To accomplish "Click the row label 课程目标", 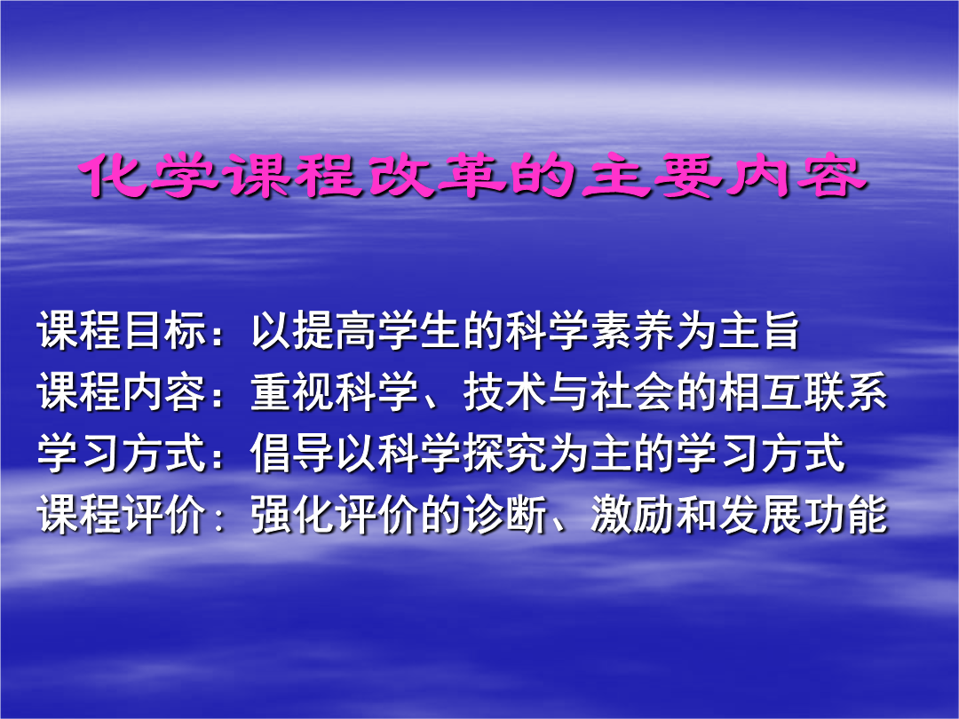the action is coord(122,331).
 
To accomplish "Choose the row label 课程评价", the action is coord(122,514).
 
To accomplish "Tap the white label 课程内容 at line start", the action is coord(122,392).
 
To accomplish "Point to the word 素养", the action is coord(632,331).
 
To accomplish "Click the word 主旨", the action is coord(759,331).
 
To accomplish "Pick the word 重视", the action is coord(292,392).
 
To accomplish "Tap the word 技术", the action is coord(504,392).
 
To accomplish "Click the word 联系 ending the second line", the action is coord(844,392).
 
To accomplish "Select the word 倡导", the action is coord(292,453).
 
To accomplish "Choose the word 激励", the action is coord(632,514).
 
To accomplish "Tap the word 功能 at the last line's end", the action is coord(844,514).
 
